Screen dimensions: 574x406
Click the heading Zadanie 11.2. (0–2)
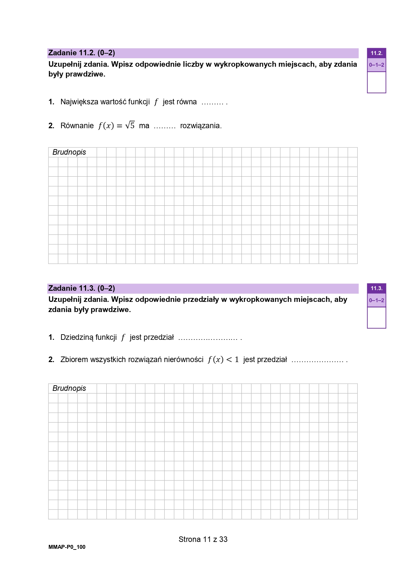point(81,53)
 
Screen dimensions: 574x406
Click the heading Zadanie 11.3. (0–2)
point(81,288)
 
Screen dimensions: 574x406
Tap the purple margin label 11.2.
point(376,53)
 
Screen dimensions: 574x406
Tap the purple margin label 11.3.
point(376,288)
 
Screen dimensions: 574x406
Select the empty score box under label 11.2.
point(376,82)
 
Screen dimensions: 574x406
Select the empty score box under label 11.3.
point(376,318)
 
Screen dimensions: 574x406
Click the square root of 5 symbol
point(130,125)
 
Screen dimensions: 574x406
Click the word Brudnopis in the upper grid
point(69,152)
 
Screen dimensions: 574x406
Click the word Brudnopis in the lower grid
point(69,389)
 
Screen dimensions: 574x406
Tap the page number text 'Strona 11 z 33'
point(203,539)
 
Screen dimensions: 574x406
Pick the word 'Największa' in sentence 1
point(79,102)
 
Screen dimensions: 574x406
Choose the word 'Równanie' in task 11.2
point(77,126)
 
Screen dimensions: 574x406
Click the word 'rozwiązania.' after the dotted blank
point(201,126)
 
